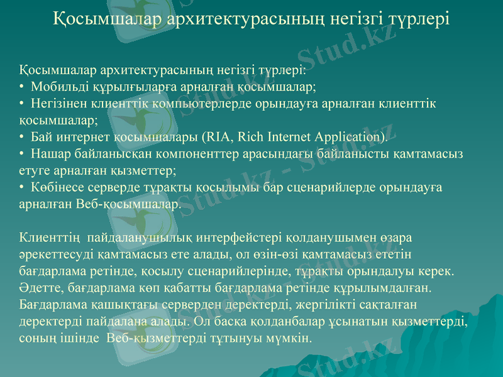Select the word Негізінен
[x=60, y=102]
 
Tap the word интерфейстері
[x=238, y=238]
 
